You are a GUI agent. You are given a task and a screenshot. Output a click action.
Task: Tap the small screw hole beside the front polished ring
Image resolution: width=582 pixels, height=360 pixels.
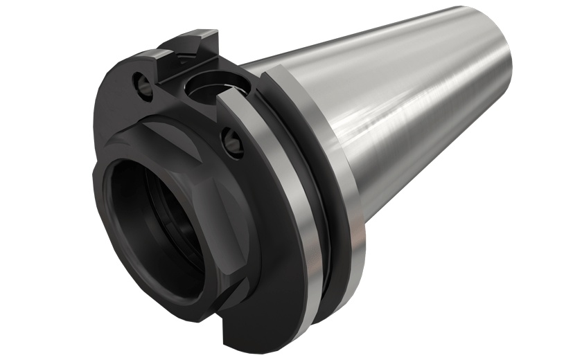[231, 142]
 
